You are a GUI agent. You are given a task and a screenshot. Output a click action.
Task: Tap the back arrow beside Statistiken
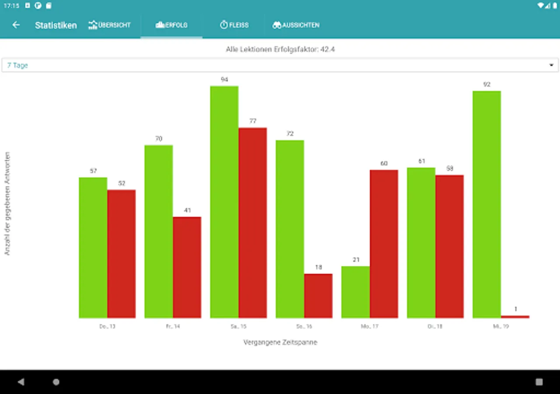click(16, 25)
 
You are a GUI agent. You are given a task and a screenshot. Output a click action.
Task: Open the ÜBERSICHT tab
click(109, 25)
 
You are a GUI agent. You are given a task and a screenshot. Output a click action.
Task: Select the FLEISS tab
click(234, 25)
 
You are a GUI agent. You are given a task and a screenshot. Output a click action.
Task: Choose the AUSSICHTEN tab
click(296, 25)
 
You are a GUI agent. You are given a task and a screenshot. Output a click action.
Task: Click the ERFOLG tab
click(171, 25)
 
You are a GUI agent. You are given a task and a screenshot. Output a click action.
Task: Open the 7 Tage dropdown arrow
click(551, 65)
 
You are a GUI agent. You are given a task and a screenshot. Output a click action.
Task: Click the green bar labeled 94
click(224, 201)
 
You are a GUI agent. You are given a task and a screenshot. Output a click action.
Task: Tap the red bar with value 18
click(318, 295)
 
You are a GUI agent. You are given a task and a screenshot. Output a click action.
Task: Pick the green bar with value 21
click(355, 292)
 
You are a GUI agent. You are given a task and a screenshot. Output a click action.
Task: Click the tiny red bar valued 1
click(515, 317)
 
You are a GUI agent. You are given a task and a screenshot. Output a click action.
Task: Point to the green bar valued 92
click(486, 204)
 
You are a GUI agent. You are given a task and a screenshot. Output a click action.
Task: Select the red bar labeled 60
click(384, 243)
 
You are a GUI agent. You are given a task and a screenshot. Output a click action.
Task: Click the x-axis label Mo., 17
click(370, 327)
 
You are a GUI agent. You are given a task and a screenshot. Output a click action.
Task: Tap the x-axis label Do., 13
click(107, 327)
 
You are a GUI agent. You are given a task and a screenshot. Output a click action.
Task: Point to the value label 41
click(187, 210)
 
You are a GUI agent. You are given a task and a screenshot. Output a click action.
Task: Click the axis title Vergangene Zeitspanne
click(280, 342)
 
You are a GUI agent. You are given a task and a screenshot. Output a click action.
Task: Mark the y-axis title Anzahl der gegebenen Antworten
click(7, 204)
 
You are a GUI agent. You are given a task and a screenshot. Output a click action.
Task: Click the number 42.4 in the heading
click(327, 49)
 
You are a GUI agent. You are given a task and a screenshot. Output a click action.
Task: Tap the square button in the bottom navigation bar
click(539, 382)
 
